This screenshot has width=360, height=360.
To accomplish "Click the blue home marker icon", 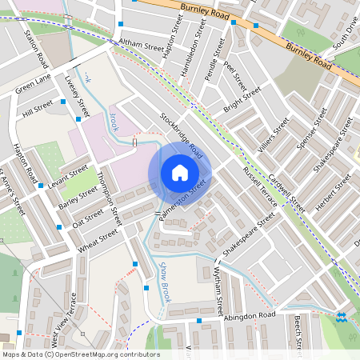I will click(180, 172).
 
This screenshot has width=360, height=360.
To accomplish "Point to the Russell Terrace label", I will click(260, 187).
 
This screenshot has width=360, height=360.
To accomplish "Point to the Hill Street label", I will click(38, 108).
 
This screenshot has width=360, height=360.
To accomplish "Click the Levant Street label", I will click(67, 175).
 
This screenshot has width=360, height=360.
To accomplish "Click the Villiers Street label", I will click(273, 136).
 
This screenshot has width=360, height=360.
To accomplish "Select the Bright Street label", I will click(242, 100).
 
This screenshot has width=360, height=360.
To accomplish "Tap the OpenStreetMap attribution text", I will click(81, 354).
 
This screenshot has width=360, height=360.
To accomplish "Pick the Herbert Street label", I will click(331, 193).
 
